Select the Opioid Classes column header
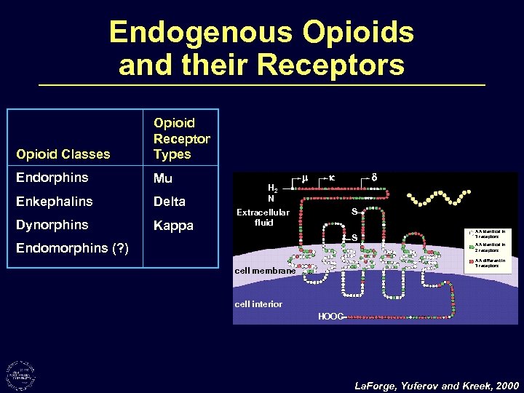[x=63, y=154]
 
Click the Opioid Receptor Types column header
[x=181, y=138]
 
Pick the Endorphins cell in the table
[x=52, y=178]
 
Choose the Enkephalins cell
[x=55, y=201]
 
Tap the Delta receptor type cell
[x=169, y=201]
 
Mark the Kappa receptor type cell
[x=172, y=225]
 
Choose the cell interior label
[x=258, y=304]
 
